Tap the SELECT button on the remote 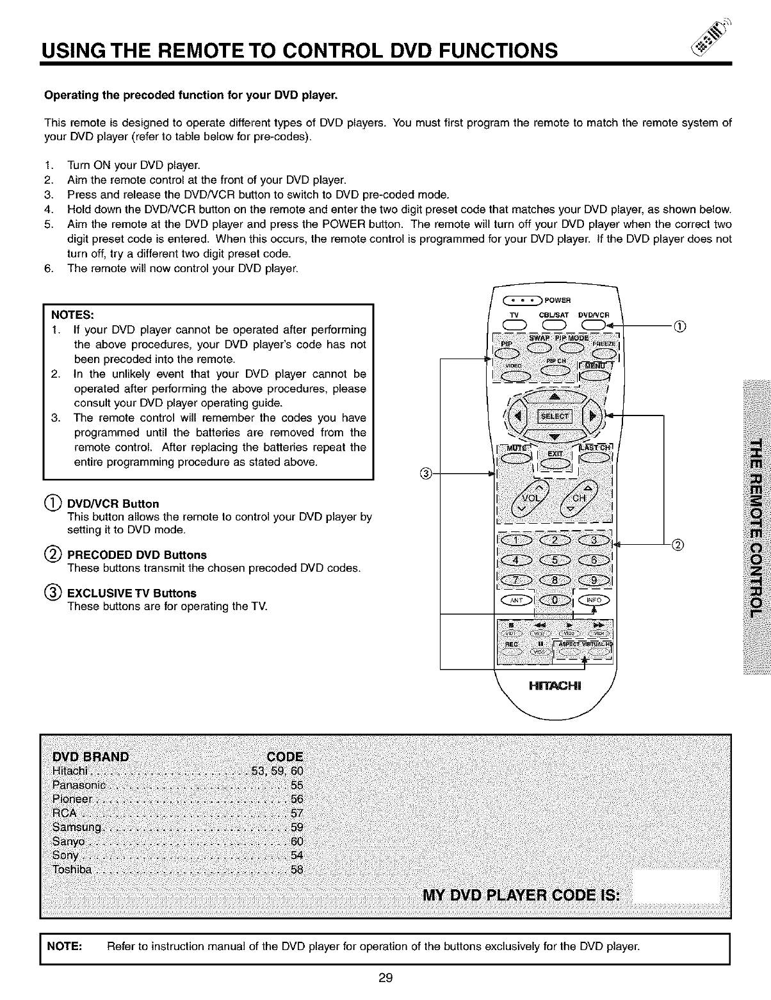pos(555,417)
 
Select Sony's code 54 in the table pos(296,855)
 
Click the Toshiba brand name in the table pos(72,869)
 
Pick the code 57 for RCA pos(296,813)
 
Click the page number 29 pos(385,978)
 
